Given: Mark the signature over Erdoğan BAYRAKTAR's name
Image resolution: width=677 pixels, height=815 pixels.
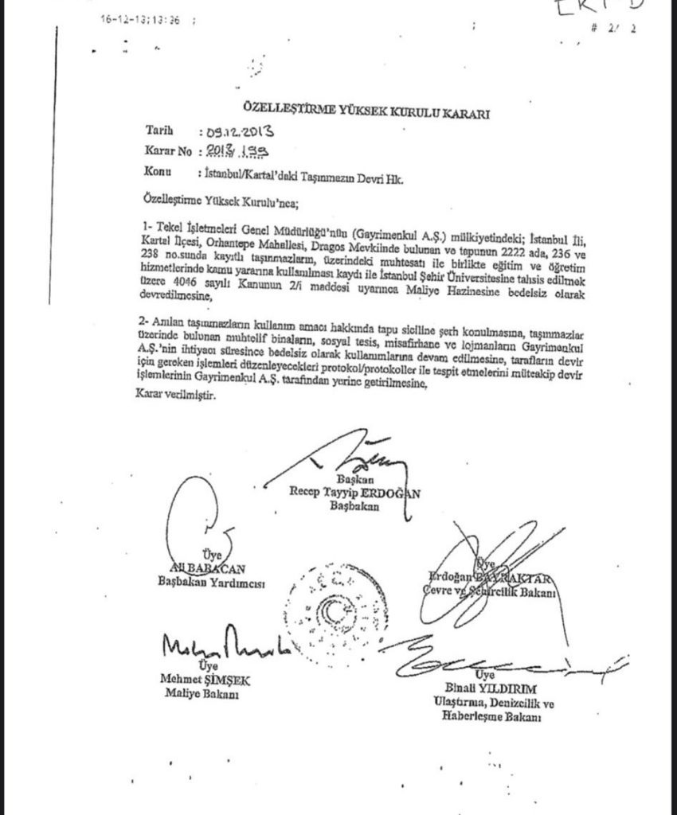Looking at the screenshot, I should (x=478, y=557).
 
